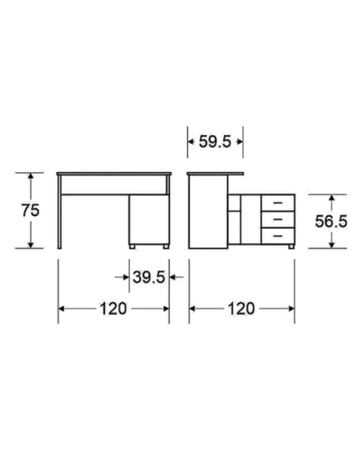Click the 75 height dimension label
tap(31, 211)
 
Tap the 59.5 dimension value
tap(215, 141)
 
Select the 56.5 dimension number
tap(331, 221)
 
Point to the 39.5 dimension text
tap(148, 277)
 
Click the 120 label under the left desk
tap(113, 309)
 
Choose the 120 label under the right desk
tap(241, 309)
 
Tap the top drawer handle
tap(278, 203)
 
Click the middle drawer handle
tap(278, 220)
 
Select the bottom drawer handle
tap(278, 236)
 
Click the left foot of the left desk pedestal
tap(132, 247)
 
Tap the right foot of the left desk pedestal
tap(166, 247)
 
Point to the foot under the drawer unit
tap(291, 247)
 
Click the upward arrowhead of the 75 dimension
tap(31, 176)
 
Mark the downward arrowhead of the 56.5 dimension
tap(331, 245)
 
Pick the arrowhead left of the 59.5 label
tap(191, 141)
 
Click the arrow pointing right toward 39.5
tap(122, 277)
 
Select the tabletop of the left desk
tap(114, 174)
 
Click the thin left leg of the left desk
tap(59, 212)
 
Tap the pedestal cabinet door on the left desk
tap(149, 220)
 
